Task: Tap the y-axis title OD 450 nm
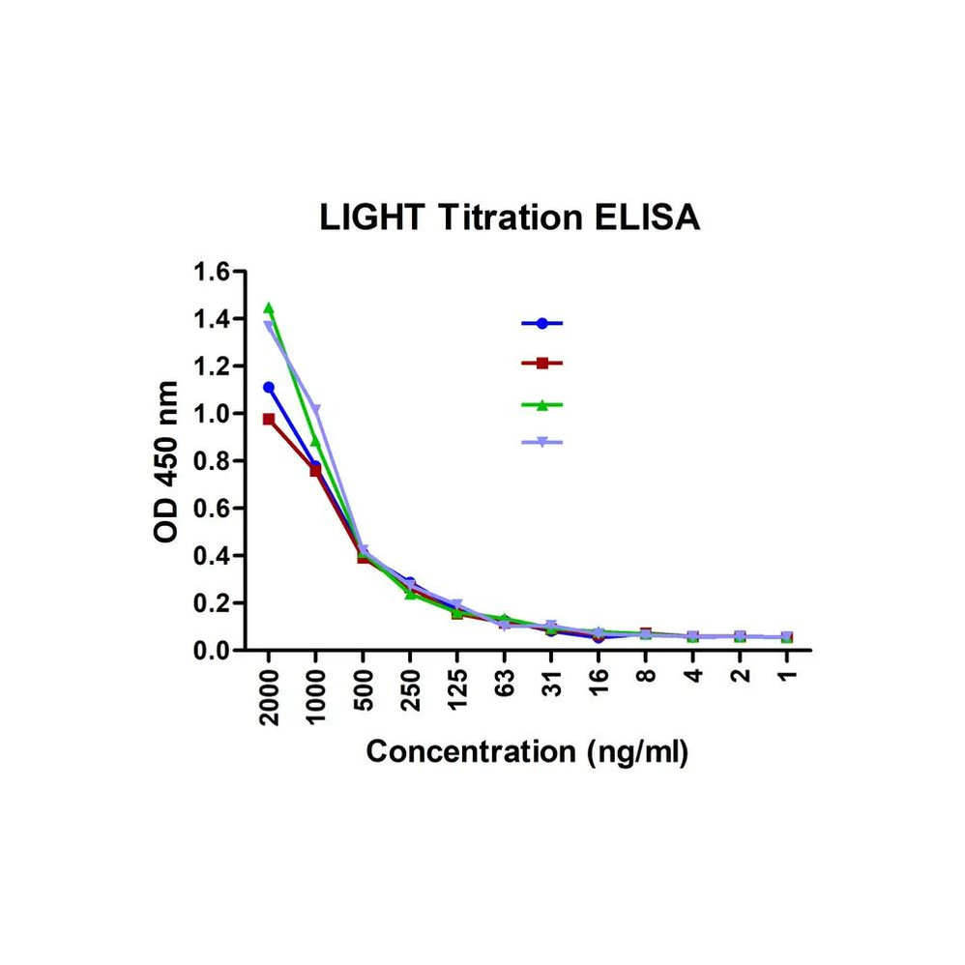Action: (166, 461)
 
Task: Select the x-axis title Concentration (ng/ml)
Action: (527, 751)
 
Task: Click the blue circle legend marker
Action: (542, 323)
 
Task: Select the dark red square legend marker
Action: (542, 364)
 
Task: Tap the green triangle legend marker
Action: (542, 404)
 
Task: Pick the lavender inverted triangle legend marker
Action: (542, 442)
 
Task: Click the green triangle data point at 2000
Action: (269, 308)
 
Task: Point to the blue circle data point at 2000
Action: (269, 388)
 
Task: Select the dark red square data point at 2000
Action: (269, 420)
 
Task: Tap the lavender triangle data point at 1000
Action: (316, 410)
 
